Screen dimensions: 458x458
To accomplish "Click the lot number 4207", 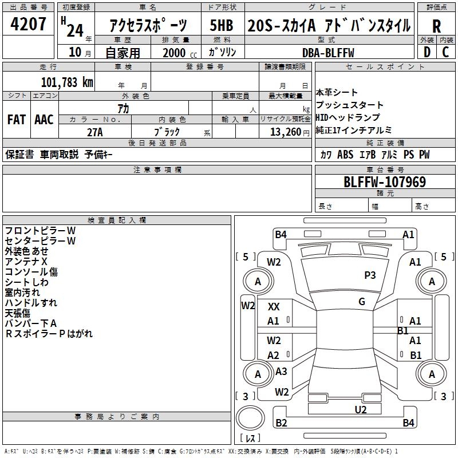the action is pos(28,24).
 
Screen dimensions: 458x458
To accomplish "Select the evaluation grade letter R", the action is pos(436,26).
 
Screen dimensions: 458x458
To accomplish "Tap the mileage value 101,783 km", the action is pos(67,82).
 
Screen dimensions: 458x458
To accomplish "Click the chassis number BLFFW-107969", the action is pos(385,182).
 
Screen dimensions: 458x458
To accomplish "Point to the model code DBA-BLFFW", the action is pos(328,53).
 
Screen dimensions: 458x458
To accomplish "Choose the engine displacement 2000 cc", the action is pos(180,53).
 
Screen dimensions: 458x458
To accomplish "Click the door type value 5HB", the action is pos(222,25).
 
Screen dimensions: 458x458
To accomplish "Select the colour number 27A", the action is pos(95,132).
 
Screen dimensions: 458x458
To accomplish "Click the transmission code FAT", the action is pos(17,120).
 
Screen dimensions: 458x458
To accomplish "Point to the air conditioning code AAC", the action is pos(44,120).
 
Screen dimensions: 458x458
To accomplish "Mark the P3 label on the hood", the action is pos(370,275).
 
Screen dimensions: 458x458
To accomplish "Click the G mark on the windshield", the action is pos(362,302).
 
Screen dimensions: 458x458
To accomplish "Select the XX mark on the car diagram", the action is pos(274,307).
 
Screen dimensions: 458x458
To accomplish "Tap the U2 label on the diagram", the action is pos(361,409).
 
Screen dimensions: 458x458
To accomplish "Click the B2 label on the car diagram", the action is pos(281,423).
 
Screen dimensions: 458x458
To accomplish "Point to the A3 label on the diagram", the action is pos(281,371).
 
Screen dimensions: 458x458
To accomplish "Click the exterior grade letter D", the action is pos(427,52).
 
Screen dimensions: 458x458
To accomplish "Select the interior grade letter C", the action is pos(445,52).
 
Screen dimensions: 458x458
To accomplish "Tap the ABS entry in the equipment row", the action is pos(345,155).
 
